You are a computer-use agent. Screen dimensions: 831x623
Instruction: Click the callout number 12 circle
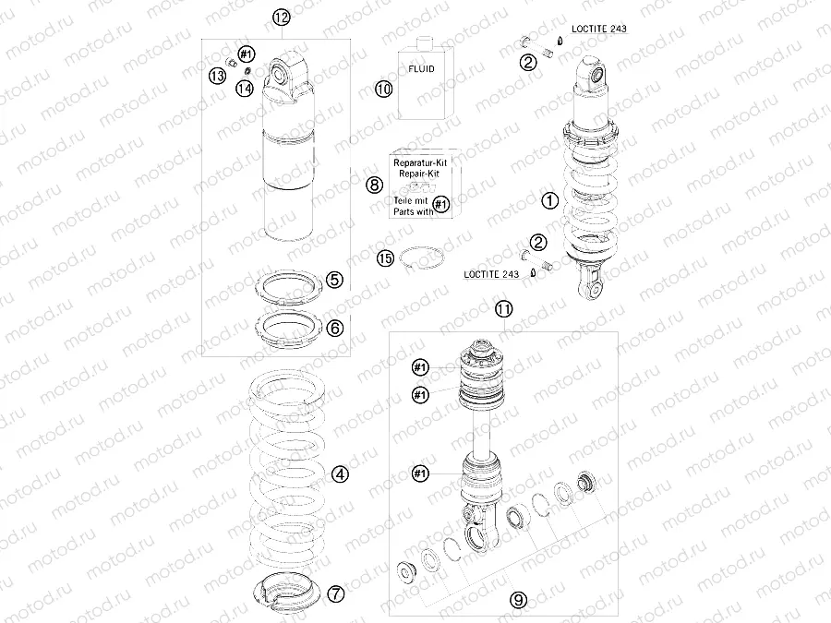282,18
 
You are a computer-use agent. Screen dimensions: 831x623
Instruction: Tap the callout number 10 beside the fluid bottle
384,89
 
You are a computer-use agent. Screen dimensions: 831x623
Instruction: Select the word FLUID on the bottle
421,69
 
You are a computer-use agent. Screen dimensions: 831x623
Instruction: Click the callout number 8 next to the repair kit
374,185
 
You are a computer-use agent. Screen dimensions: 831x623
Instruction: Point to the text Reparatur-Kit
416,163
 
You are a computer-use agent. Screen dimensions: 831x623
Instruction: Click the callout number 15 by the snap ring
385,258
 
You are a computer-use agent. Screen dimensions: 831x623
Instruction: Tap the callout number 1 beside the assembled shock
550,201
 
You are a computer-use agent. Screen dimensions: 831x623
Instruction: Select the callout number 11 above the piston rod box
503,309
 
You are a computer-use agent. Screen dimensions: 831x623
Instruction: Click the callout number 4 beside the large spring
340,474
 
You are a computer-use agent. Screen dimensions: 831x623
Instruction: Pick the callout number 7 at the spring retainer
335,593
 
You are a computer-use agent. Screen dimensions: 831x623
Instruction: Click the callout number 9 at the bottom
518,600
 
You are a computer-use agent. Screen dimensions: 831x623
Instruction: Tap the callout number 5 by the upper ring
334,280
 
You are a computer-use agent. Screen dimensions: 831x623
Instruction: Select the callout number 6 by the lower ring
334,329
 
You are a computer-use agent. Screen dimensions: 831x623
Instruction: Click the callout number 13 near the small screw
217,77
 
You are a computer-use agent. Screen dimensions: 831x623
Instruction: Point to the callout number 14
245,88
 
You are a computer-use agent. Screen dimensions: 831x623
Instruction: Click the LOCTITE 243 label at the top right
599,29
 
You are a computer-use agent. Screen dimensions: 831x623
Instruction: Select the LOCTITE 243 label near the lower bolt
491,274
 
